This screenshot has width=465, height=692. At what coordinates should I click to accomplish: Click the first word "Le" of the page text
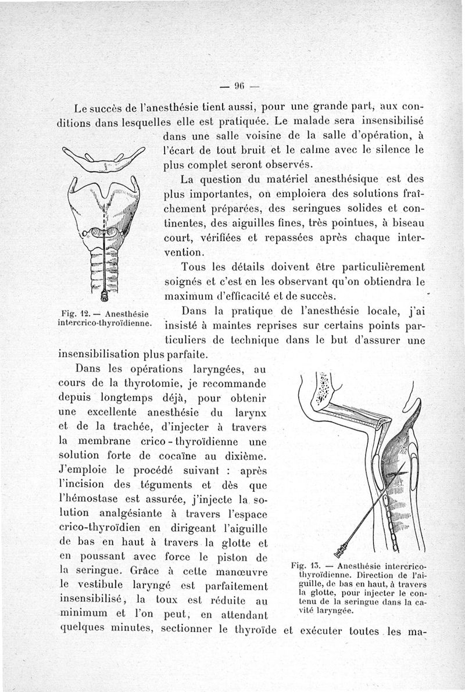coord(83,107)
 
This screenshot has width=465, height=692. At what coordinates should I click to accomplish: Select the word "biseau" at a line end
coord(407,224)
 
